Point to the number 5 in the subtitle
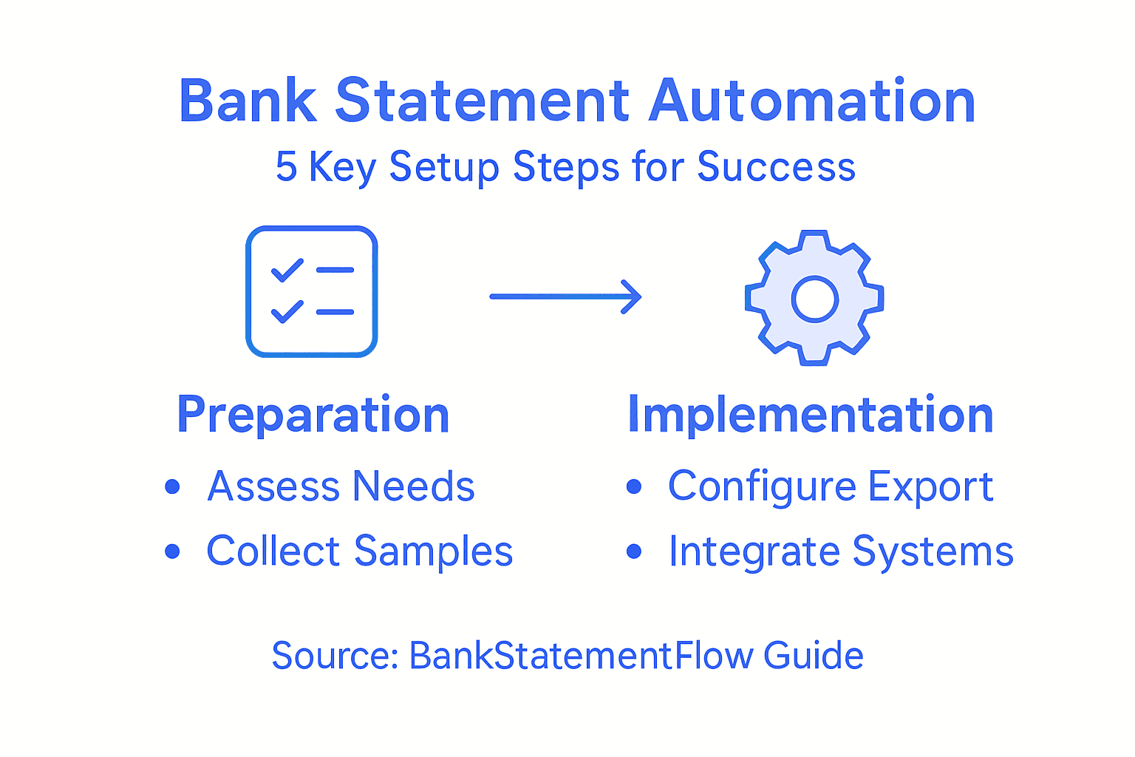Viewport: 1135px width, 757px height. [286, 166]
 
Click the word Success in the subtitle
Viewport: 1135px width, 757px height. [776, 166]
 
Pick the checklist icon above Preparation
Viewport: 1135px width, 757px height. [312, 291]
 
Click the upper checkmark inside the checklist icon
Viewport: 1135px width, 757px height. [287, 270]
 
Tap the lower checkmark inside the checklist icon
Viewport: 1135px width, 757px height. [287, 311]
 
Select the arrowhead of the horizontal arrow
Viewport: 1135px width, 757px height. [632, 296]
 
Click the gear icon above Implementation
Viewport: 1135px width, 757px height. [814, 298]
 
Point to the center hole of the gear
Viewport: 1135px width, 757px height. [814, 299]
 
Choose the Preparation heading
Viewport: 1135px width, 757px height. [313, 415]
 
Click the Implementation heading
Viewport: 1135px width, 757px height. [810, 415]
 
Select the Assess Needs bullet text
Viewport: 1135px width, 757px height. [341, 486]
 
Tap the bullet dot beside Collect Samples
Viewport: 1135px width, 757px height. [173, 551]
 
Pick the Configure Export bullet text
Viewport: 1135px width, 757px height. [830, 486]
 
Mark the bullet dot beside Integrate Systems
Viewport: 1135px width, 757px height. [634, 551]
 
